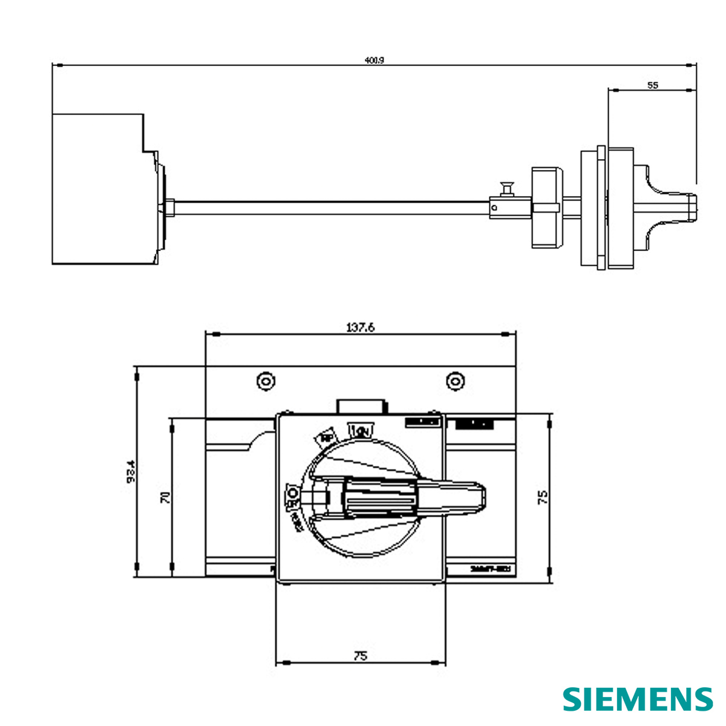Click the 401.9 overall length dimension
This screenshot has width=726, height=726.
[x=374, y=60]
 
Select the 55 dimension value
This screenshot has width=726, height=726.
[x=652, y=85]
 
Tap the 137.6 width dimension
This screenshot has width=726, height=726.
[x=361, y=327]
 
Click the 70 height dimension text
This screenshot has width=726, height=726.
[x=165, y=497]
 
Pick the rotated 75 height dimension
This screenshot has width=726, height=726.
[x=543, y=497]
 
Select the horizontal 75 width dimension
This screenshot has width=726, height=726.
[x=361, y=655]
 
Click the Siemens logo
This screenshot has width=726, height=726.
[x=638, y=699]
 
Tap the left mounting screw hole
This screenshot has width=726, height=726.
[x=265, y=381]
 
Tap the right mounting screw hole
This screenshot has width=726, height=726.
[x=455, y=381]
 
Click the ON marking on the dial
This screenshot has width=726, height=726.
[x=362, y=431]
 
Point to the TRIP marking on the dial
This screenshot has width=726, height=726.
[x=325, y=438]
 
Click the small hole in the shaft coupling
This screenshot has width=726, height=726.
[x=494, y=208]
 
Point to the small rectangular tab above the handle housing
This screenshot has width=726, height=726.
[x=361, y=405]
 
